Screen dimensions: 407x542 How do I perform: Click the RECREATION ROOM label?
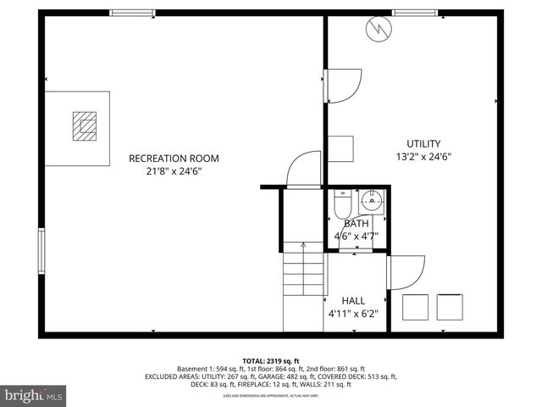pyautogui.click(x=174, y=158)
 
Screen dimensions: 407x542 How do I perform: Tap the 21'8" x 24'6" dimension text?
pyautogui.click(x=174, y=171)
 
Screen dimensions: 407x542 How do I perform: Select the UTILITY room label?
pyautogui.click(x=423, y=143)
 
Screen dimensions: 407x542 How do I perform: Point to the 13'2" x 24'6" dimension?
pyautogui.click(x=423, y=157)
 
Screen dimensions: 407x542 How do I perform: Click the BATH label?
pyautogui.click(x=356, y=223)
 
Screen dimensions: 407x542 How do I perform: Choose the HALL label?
pyautogui.click(x=353, y=301)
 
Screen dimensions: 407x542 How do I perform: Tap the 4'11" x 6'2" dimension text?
pyautogui.click(x=353, y=314)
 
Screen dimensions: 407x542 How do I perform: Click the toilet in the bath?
pyautogui.click(x=341, y=204)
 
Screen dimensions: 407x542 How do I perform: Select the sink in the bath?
pyautogui.click(x=371, y=201)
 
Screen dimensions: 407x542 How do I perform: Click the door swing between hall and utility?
pyautogui.click(x=405, y=271)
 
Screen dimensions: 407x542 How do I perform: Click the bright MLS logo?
pyautogui.click(x=34, y=395)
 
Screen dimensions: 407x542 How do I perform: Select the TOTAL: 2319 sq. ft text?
pyautogui.click(x=271, y=360)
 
